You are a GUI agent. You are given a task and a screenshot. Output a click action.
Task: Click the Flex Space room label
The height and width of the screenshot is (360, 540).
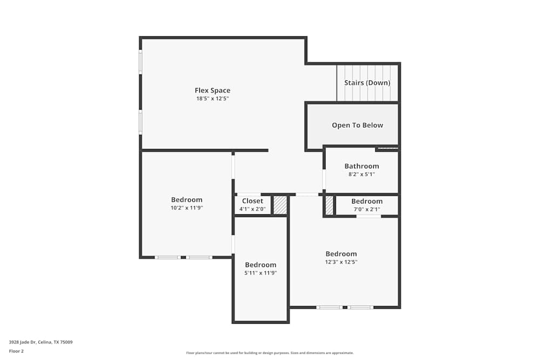pos(212,90)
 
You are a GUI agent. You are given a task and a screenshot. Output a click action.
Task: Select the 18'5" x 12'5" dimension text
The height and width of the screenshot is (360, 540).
pos(212,99)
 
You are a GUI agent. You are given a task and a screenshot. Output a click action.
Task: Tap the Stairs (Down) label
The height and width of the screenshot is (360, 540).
pos(367,83)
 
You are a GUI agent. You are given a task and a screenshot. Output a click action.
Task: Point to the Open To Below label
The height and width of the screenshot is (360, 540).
pos(357,125)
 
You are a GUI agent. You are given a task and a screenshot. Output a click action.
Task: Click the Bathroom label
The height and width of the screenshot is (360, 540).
pos(362,166)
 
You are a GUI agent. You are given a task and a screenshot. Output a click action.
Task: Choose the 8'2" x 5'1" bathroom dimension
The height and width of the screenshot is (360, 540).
pos(362,174)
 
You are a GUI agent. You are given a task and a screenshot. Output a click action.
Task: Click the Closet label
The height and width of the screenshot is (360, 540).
pos(253,201)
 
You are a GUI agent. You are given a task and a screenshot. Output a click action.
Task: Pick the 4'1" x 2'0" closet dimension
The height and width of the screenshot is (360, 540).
pos(253,209)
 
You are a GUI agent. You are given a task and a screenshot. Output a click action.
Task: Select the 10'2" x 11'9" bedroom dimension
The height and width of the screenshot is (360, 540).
pos(187,208)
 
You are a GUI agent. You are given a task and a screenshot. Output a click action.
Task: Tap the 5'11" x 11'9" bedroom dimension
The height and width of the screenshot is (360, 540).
pos(260,273)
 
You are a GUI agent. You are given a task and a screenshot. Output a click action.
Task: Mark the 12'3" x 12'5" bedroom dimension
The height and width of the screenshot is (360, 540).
pos(341,262)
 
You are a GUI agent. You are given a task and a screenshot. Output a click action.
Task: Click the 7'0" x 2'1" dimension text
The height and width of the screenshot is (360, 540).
pos(367,209)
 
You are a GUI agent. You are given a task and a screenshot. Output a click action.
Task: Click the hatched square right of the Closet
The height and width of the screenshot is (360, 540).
pos(280,206)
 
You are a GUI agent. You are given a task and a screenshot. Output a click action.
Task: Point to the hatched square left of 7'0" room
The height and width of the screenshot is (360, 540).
pos(329,205)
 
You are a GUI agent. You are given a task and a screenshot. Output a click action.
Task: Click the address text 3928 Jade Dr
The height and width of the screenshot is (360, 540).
pos(40,342)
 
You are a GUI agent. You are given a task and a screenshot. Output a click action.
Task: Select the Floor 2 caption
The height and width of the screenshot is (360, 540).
pos(16,351)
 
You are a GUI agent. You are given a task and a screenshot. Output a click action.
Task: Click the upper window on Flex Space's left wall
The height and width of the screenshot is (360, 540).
pos(140,62)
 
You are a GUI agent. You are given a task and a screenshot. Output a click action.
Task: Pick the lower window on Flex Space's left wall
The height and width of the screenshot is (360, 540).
pos(140,123)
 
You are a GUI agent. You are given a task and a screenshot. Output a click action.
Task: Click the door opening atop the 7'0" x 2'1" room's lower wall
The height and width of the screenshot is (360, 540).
pos(368,216)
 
